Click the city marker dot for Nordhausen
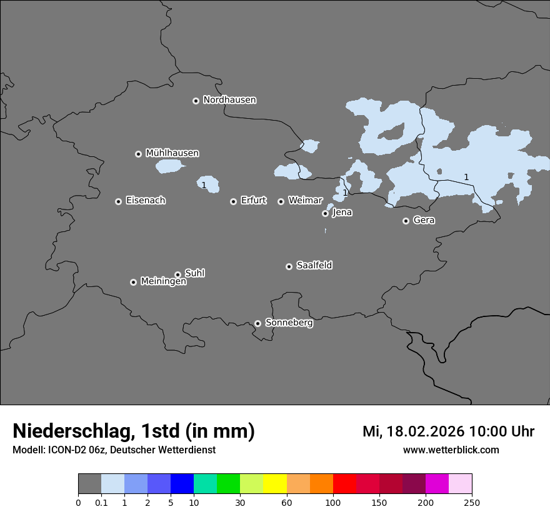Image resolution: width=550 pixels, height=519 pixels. pos(196,101)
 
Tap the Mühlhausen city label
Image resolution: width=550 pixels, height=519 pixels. pos(172,153)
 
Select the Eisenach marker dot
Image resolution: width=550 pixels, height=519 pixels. pos(118,201)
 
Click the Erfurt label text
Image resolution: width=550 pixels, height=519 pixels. pos(253,201)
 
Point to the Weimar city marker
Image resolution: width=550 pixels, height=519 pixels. pos(281,201)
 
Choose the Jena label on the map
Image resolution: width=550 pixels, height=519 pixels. pos(342,213)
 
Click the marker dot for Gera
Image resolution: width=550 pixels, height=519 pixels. pos(406,221)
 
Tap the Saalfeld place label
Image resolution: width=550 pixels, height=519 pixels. pos(314,266)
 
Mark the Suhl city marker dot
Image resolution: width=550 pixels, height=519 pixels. pos(177,275)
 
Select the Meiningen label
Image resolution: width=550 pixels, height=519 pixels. pos(163,282)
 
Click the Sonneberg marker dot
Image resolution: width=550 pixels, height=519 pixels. pos(257,323)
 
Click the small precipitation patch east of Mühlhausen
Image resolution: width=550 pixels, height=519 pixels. pos(169,166)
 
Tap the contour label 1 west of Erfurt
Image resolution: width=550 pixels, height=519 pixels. pos(204,185)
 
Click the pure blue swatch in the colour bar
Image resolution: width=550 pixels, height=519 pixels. pos(182,484)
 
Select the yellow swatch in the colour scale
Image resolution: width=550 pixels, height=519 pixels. pos(274,484)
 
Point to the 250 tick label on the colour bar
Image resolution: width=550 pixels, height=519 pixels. pos(472,503)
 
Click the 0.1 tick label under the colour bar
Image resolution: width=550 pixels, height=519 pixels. pos(101,503)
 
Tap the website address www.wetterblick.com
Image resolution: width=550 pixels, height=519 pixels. pos(451,450)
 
